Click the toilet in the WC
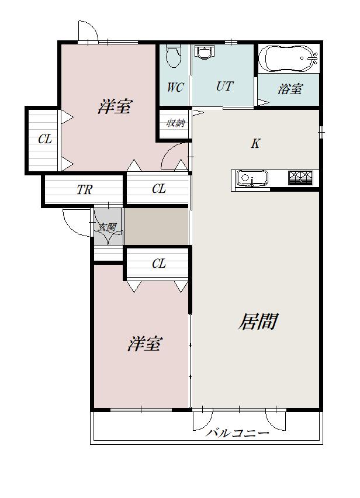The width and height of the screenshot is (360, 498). (x=172, y=56)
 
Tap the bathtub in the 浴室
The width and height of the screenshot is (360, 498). (x=288, y=58)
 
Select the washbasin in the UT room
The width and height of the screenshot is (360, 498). (x=205, y=54)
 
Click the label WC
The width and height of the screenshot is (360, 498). (x=175, y=88)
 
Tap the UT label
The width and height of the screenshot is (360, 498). (x=224, y=87)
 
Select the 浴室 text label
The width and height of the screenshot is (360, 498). (x=290, y=90)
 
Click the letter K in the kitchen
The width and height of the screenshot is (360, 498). (x=255, y=144)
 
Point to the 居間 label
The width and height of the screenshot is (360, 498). (x=257, y=321)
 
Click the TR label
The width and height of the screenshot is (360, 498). (x=84, y=190)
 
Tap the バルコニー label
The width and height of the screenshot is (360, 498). (x=238, y=434)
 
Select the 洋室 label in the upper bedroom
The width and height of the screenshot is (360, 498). (x=115, y=107)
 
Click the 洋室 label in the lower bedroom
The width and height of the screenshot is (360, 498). (x=144, y=344)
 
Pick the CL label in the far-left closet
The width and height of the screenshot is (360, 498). (x=46, y=140)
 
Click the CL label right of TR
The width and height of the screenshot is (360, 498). (x=159, y=189)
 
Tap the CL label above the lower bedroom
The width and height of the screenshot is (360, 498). (x=159, y=264)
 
